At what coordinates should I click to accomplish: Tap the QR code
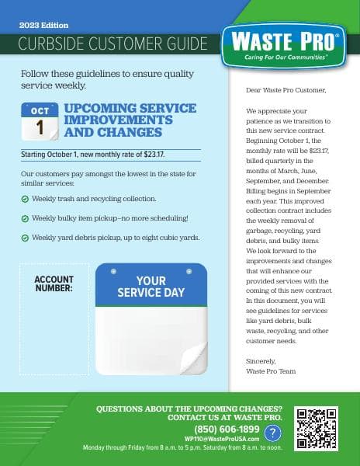pos(318,428)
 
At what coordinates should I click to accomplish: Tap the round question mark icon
pos(273,433)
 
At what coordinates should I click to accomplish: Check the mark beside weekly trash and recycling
pos(25,200)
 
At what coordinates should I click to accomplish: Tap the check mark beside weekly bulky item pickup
pos(25,218)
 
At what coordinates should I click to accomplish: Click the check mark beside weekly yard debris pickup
pos(25,237)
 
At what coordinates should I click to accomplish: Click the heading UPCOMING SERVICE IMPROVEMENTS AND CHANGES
pos(125,120)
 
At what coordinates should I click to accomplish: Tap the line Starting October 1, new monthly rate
pos(93,155)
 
